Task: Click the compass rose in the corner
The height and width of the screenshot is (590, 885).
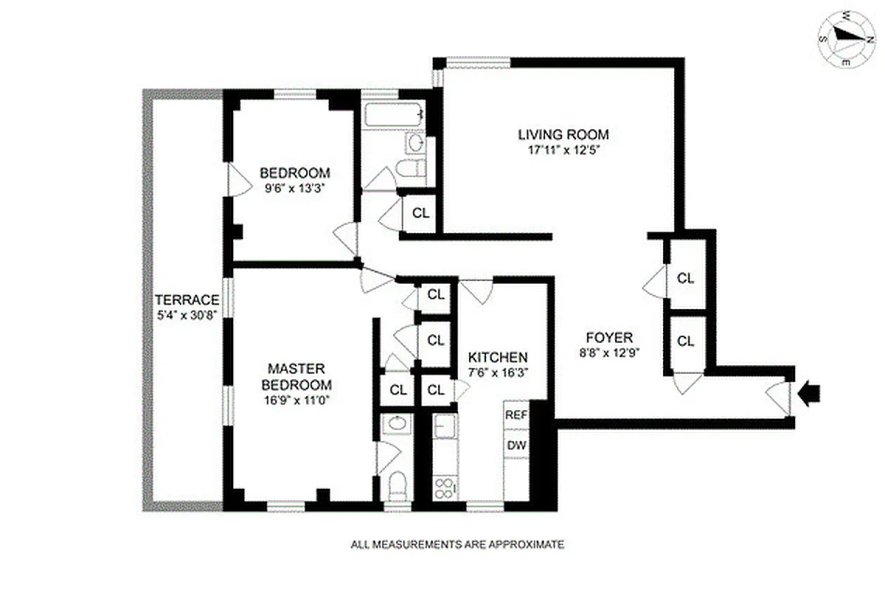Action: (x=847, y=38)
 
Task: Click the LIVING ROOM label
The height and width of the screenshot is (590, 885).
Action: (x=563, y=134)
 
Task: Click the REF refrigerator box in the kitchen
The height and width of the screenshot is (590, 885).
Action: (x=516, y=414)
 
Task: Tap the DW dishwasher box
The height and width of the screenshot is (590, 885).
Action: (x=516, y=445)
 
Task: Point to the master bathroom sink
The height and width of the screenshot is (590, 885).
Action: (x=398, y=423)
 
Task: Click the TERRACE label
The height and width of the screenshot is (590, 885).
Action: (x=187, y=300)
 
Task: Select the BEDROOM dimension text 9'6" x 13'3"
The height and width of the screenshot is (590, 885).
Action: (x=294, y=188)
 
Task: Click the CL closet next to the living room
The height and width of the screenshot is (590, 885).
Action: (x=420, y=213)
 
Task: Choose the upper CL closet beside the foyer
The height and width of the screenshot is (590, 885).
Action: (x=686, y=278)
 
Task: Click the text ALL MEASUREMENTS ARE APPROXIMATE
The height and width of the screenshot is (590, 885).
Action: (x=457, y=545)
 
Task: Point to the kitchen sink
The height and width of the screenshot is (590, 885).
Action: (x=444, y=426)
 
